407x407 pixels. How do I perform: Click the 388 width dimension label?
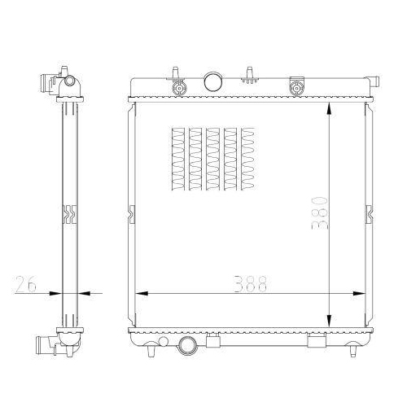click(x=251, y=284)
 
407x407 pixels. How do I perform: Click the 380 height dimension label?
click(x=320, y=213)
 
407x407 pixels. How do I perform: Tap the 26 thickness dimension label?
click(x=25, y=284)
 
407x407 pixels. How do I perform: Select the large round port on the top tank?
click(x=213, y=81)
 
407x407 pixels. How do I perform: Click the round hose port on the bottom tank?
click(x=187, y=346)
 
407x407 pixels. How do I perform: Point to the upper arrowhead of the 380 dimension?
click(x=329, y=109)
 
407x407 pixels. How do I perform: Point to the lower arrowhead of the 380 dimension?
click(x=329, y=321)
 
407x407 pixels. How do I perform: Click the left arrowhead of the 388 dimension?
click(x=142, y=293)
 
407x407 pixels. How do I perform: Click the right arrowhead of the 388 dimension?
click(x=359, y=293)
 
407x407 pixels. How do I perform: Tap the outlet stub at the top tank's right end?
click(x=374, y=81)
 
